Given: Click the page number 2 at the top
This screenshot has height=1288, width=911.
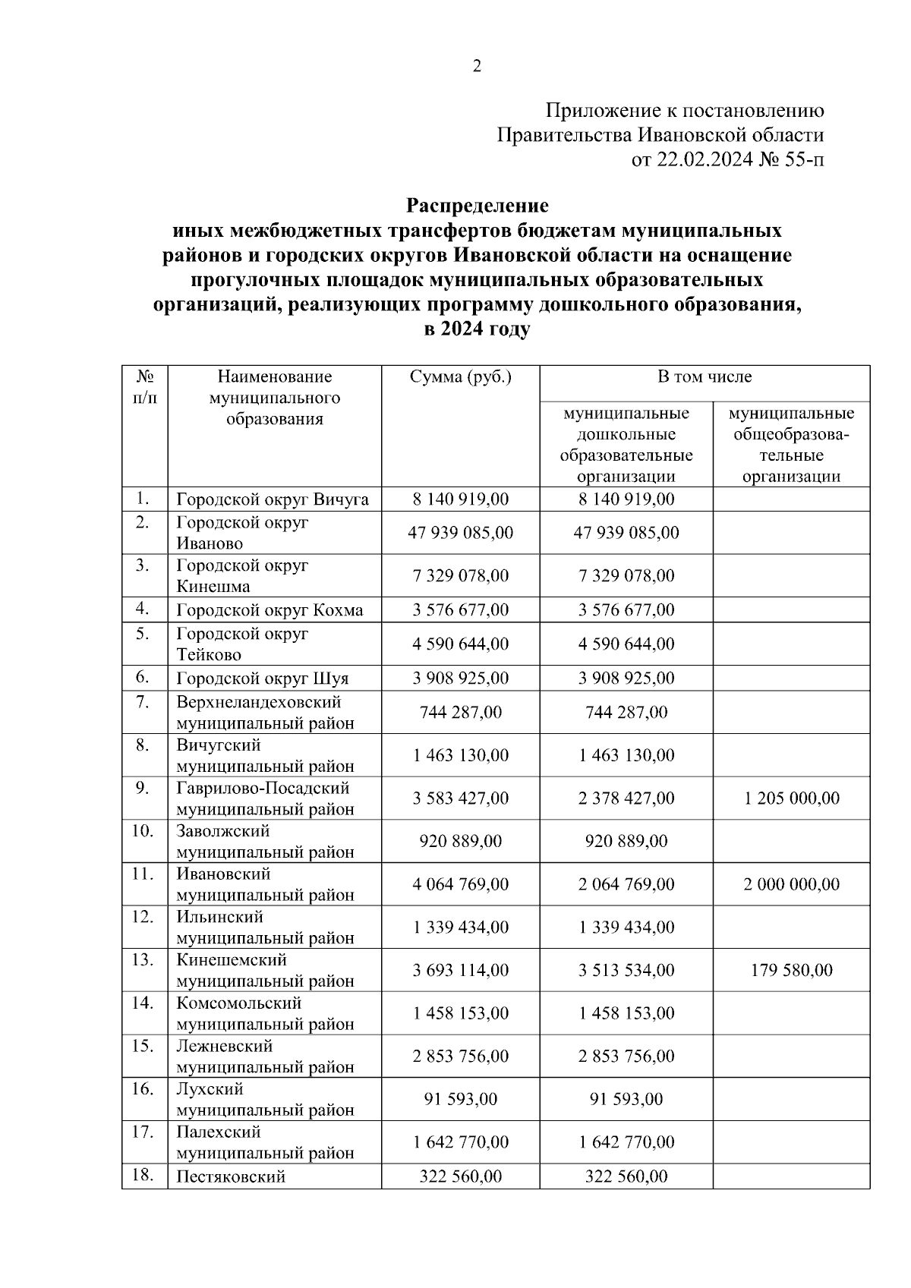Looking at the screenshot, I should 477,67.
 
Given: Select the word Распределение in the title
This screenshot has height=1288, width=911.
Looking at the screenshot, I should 477,206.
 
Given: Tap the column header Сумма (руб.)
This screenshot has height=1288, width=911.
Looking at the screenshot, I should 460,377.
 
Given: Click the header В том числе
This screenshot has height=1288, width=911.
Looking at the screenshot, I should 704,377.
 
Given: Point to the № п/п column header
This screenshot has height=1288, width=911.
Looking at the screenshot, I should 145,387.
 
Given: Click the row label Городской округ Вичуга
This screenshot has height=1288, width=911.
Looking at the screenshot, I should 273,499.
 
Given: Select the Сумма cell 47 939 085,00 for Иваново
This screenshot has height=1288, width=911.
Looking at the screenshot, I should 460,533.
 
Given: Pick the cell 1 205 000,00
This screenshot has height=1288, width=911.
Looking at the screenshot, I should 791,798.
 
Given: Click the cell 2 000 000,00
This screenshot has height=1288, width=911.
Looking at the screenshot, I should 791,884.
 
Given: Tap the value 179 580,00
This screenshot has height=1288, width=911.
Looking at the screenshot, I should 791,970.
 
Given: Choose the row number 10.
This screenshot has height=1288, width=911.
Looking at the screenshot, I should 143,831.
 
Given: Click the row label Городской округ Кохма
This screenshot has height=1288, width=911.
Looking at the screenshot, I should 270,610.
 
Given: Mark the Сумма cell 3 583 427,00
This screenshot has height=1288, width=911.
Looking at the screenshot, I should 460,798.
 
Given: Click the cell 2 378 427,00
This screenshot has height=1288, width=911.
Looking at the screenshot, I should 626,798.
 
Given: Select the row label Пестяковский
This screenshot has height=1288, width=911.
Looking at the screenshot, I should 231,1177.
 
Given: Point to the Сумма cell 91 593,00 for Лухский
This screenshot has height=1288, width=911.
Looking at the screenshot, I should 460,1099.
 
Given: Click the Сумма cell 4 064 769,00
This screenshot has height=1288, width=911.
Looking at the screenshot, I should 460,884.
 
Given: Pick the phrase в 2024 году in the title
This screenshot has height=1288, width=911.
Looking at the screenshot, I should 477,330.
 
